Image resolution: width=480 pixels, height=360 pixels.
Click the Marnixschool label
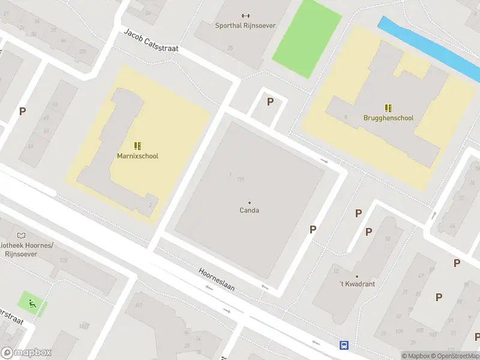pyautogui.click(x=137, y=156)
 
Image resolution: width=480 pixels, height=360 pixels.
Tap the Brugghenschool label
pyautogui.click(x=388, y=118)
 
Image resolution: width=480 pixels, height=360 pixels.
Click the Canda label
pyautogui.click(x=250, y=211)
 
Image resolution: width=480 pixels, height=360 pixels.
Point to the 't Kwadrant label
pyautogui.click(x=358, y=284)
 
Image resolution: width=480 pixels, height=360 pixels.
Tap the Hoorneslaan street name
pyautogui.click(x=217, y=280)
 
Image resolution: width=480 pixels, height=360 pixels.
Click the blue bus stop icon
pyautogui.click(x=344, y=345)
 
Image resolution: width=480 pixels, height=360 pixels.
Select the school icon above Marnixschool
pyautogui.click(x=137, y=146)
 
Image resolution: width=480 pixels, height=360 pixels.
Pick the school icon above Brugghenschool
pyautogui.click(x=388, y=108)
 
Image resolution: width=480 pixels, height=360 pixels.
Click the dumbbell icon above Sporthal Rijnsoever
pyautogui.click(x=245, y=16)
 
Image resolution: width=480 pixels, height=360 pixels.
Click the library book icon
pyautogui.click(x=22, y=236)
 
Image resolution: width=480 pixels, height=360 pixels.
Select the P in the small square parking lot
pyautogui.click(x=270, y=102)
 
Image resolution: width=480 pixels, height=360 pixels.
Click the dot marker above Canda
pyautogui.click(x=250, y=202)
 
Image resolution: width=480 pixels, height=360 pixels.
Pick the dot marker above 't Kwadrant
pyautogui.click(x=357, y=276)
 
